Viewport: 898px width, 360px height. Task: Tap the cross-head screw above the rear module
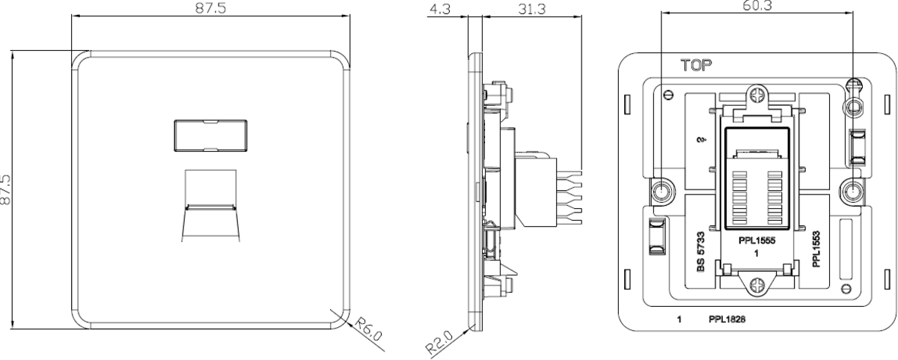pos(756,97)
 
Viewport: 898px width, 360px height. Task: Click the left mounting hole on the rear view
pos(662,192)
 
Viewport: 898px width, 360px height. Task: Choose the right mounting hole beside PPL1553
pos(851,192)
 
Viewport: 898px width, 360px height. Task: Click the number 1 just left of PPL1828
pos(679,320)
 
